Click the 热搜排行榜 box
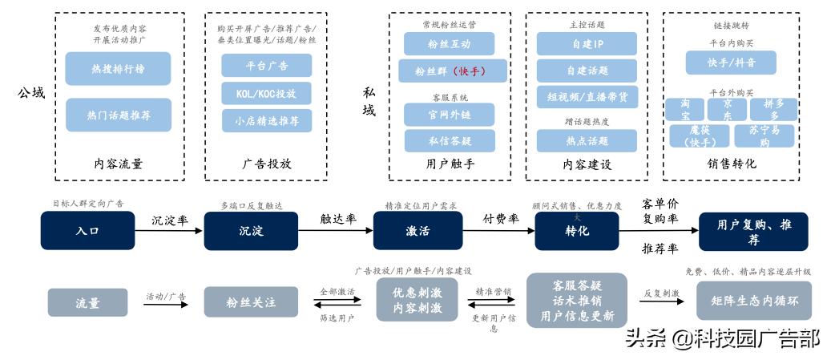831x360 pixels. click(118, 68)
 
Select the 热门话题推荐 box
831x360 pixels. click(118, 115)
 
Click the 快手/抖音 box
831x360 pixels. click(731, 62)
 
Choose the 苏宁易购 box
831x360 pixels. click(764, 136)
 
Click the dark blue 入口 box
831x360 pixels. click(87, 231)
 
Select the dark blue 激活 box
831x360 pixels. click(412, 231)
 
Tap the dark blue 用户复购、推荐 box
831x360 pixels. click(753, 232)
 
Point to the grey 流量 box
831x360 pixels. click(87, 302)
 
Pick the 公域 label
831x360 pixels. click(30, 94)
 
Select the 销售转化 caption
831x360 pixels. click(731, 164)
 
